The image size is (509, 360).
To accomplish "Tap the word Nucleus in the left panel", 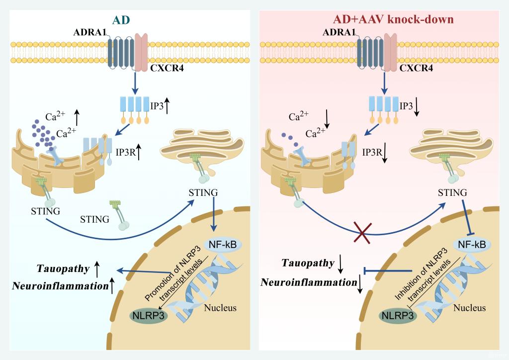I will tap(220, 308).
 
